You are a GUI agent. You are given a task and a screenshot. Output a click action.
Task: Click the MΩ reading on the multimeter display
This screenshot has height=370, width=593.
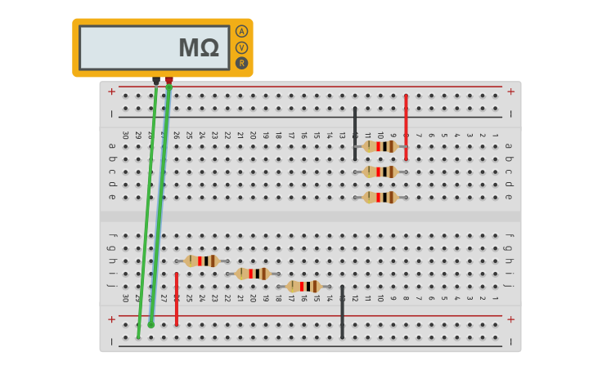point(199,48)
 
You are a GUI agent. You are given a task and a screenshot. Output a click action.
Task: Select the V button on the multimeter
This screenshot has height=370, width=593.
point(241,47)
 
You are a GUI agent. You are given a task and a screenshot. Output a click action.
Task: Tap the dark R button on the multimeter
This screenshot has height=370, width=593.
point(241,63)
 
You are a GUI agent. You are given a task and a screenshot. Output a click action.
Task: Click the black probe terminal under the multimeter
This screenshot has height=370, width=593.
point(156,81)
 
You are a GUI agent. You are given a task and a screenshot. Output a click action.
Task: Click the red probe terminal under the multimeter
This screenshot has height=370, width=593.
point(169,81)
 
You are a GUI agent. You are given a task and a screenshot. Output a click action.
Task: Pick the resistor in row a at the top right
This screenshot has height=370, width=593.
point(380,146)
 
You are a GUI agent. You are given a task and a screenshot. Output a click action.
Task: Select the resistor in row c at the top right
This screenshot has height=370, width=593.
point(380,172)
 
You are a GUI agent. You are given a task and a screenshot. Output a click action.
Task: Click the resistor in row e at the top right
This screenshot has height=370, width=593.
point(380,197)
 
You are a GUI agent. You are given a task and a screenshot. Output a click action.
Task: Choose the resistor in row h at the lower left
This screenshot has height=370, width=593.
point(201,261)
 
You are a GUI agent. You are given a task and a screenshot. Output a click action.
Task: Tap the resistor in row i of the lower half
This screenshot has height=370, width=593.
point(253,274)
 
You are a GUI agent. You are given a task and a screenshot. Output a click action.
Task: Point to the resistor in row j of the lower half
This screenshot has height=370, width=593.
point(303,286)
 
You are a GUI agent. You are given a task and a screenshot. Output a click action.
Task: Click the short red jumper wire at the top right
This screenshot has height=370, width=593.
point(406,127)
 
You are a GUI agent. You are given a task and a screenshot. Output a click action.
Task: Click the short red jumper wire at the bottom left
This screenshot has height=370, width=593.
point(177,298)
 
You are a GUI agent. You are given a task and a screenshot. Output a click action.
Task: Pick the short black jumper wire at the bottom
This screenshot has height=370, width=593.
point(342,311)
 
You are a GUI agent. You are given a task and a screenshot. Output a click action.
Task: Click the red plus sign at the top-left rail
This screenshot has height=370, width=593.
point(111,91)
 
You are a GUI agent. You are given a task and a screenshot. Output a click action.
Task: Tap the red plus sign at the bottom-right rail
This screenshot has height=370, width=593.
point(510,319)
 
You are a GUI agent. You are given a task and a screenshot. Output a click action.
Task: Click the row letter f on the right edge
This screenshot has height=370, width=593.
point(508,236)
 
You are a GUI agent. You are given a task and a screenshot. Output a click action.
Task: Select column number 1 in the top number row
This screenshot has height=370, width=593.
point(495,135)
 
